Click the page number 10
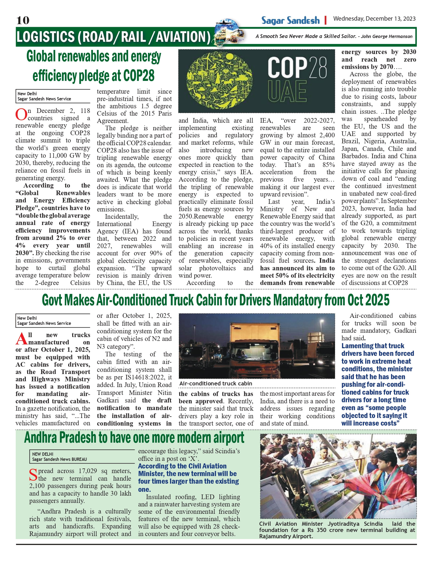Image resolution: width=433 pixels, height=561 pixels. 23,20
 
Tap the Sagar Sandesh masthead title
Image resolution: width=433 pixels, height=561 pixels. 290,20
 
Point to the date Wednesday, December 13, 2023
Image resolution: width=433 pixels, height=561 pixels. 374,19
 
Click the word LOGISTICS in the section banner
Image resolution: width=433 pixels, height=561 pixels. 45,37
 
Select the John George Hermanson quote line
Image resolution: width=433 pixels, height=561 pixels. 334,36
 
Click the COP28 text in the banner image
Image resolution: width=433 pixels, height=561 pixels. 297,68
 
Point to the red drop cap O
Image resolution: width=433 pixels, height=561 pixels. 21,114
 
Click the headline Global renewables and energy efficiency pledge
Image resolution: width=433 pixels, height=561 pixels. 94,66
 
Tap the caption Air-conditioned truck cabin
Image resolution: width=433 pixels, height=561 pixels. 216,383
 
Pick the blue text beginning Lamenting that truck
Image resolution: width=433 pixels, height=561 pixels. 377,384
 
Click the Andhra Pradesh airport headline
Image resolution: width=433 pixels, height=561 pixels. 134,438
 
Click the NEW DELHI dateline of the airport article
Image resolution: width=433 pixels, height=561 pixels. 43,454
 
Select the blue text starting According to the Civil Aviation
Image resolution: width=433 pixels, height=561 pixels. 188,477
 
